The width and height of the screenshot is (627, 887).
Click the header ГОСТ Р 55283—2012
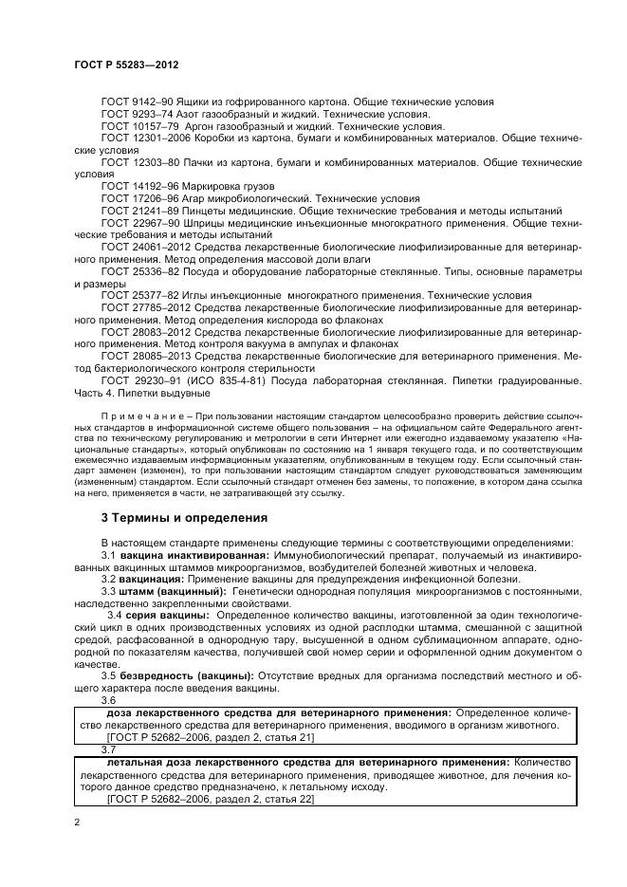(x=126, y=65)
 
